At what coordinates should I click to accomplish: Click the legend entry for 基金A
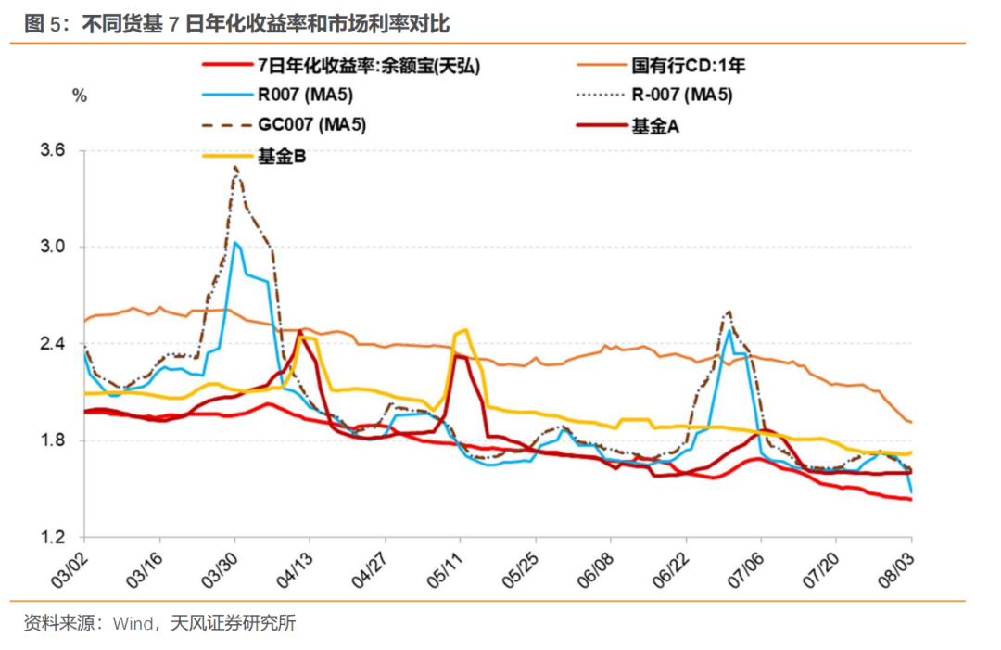click(655, 127)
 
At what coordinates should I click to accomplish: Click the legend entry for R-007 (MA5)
click(682, 96)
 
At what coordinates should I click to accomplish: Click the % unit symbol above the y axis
click(80, 96)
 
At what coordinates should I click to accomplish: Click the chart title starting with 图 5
click(236, 23)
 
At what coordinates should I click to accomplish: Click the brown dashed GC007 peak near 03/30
click(235, 168)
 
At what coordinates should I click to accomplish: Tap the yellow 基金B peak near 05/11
click(463, 330)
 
